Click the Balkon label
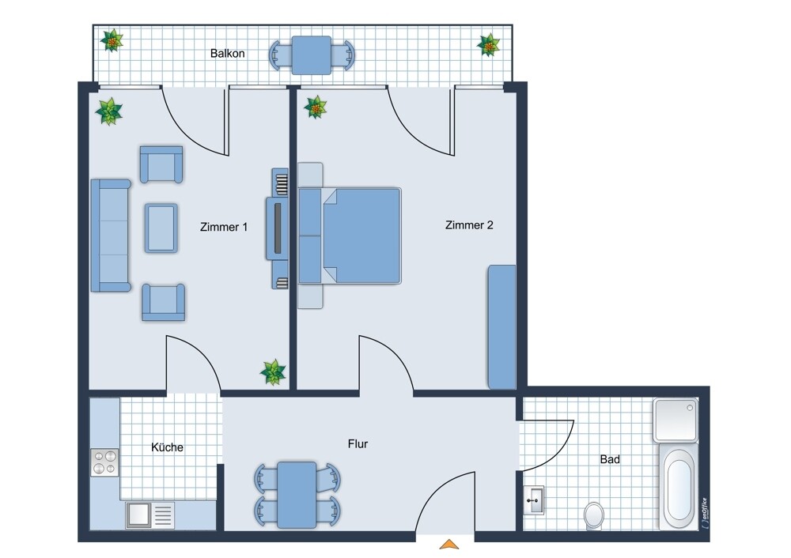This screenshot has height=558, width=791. (228, 54)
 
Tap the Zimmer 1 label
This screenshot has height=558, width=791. (224, 227)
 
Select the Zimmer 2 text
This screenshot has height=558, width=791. (469, 225)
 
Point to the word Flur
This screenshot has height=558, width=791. (358, 444)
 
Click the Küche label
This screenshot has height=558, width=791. (167, 447)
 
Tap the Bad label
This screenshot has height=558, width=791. (610, 459)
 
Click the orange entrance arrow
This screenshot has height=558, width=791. (449, 544)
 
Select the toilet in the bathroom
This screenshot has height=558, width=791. (594, 515)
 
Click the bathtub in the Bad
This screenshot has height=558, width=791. (679, 486)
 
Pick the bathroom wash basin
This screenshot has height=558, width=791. (533, 500)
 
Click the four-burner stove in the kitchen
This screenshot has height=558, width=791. (104, 462)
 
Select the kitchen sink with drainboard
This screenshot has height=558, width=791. (149, 515)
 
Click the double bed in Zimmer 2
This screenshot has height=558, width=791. (350, 236)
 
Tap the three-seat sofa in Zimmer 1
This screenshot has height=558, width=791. (111, 236)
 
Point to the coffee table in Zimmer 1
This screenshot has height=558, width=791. (161, 228)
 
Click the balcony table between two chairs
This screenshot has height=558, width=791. (312, 55)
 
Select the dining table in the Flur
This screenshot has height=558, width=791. (297, 495)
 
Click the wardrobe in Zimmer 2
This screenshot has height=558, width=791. (501, 327)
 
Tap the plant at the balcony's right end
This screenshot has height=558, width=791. (488, 45)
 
